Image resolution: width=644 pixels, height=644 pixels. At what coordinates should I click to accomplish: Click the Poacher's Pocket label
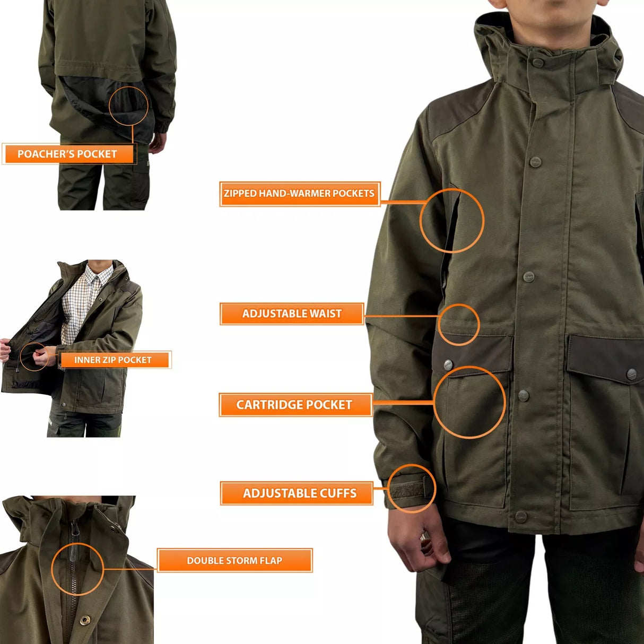[x=67, y=154]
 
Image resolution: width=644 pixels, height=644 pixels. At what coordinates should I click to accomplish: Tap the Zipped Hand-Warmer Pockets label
[x=299, y=194]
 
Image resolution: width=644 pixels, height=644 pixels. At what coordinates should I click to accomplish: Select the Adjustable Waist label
[x=292, y=314]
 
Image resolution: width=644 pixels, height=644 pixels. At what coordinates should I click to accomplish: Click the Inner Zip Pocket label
[x=113, y=360]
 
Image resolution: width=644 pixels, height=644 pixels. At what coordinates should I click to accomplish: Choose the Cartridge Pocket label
[x=294, y=405]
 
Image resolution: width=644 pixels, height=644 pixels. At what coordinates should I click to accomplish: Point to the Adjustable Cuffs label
[x=300, y=493]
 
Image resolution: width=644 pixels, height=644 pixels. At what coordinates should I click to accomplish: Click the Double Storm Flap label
[x=234, y=560]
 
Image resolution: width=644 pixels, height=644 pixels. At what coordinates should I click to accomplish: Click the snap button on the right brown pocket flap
[x=631, y=374]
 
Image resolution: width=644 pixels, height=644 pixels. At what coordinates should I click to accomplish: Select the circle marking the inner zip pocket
[x=33, y=356]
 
